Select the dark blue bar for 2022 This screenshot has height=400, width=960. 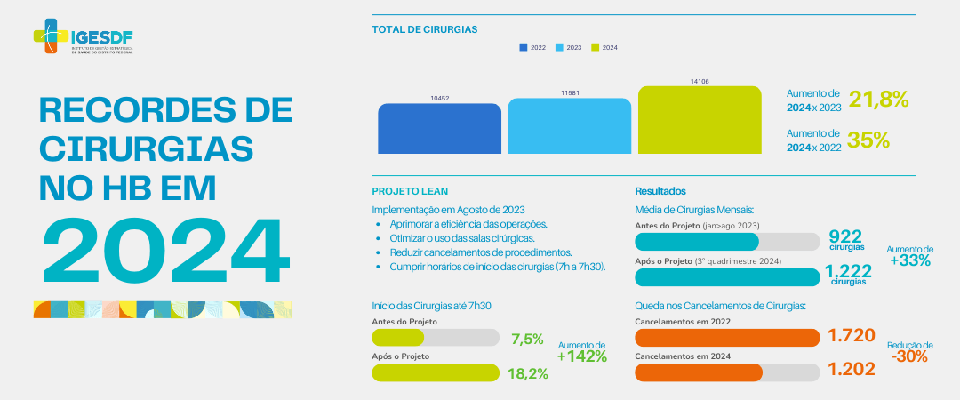point(439,128)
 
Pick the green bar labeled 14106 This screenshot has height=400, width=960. point(700,119)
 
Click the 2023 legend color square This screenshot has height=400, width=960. point(560,47)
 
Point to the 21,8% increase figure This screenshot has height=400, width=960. point(878,100)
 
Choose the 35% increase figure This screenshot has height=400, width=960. point(868,140)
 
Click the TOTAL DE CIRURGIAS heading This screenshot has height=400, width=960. point(424,29)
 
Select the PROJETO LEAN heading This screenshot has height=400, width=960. point(410,191)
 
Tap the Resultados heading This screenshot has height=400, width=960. point(660,191)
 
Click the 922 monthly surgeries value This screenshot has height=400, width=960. point(845,236)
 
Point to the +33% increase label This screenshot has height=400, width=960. point(910,260)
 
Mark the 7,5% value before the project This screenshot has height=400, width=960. point(527,339)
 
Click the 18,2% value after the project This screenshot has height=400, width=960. point(527,374)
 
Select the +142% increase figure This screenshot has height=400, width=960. point(581,356)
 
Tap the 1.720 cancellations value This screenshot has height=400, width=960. point(852,336)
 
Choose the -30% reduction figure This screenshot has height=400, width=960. point(910,356)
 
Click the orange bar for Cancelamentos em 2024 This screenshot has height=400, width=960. point(699,372)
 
